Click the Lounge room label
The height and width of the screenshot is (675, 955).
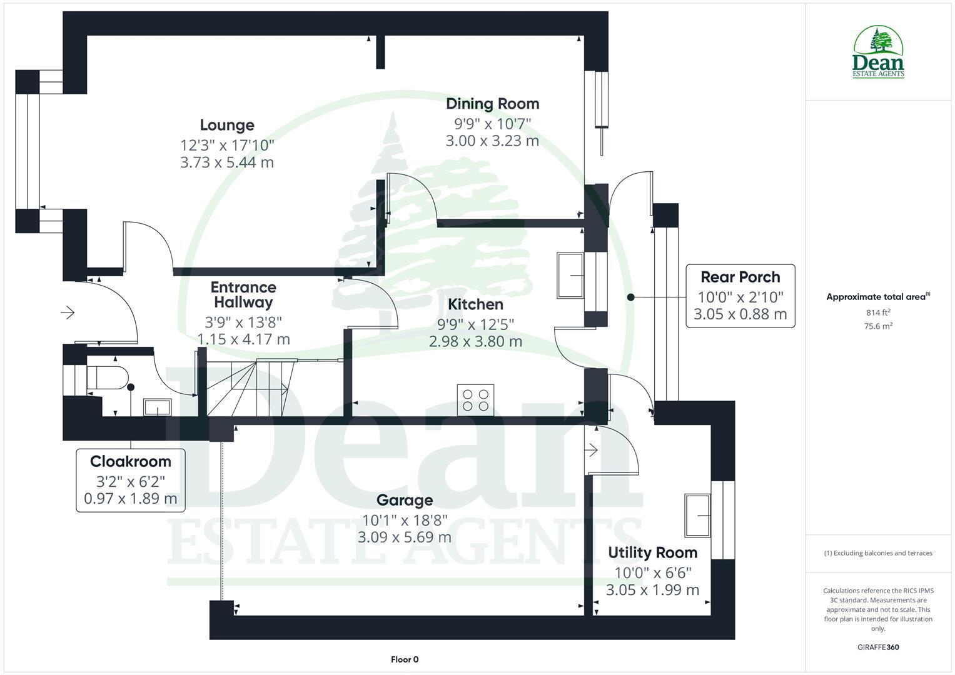pyautogui.click(x=227, y=126)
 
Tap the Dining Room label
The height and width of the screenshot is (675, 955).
pyautogui.click(x=492, y=104)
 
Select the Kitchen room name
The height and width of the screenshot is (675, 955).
pyautogui.click(x=475, y=304)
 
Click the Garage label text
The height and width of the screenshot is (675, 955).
pyautogui.click(x=405, y=500)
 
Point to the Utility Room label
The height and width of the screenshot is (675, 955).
pyautogui.click(x=652, y=552)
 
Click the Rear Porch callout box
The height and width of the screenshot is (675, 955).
pyautogui.click(x=740, y=296)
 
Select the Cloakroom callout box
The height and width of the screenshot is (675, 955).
pyautogui.click(x=131, y=480)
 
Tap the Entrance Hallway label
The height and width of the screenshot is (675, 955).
pyautogui.click(x=243, y=295)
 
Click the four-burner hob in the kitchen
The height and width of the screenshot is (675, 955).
pyautogui.click(x=475, y=400)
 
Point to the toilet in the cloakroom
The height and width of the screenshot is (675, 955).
pyautogui.click(x=108, y=378)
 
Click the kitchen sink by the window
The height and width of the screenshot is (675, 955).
pyautogui.click(x=571, y=276)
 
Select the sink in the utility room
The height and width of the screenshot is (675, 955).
pyautogui.click(x=697, y=516)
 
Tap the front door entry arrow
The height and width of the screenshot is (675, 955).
pyautogui.click(x=68, y=312)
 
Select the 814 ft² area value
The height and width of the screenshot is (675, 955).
pyautogui.click(x=878, y=312)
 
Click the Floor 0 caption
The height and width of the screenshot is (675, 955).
pyautogui.click(x=405, y=659)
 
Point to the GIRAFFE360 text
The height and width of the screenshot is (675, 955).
pyautogui.click(x=878, y=647)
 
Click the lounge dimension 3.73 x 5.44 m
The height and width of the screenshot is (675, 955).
pyautogui.click(x=227, y=162)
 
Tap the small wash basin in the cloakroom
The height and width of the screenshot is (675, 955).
pyautogui.click(x=157, y=407)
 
